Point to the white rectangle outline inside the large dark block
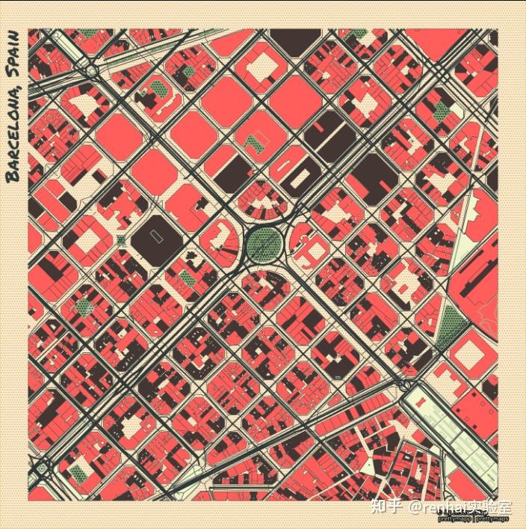(155, 235)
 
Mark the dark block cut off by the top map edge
(294, 41)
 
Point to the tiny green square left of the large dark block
(122, 241)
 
